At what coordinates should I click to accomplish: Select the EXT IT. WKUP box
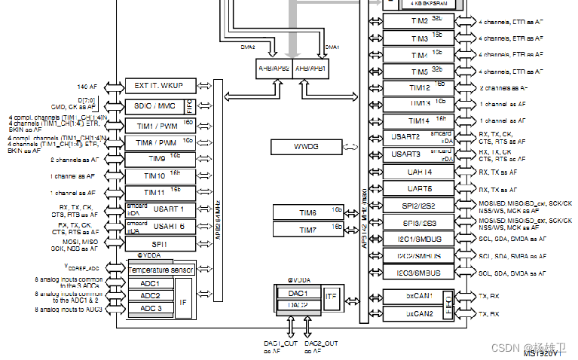point(160,86)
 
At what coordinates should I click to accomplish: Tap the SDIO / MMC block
point(154,106)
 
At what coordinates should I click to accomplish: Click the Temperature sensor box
point(161,270)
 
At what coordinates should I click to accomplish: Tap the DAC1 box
point(298,293)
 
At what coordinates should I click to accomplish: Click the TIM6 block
point(308,213)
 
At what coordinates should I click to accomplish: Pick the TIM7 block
point(308,227)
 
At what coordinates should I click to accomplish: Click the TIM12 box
point(419,87)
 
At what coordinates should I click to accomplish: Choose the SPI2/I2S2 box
point(419,206)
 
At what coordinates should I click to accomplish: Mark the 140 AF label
point(88,86)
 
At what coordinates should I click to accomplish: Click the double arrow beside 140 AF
point(112,86)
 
